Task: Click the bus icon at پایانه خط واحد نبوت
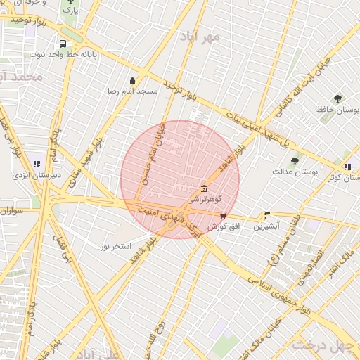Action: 63,43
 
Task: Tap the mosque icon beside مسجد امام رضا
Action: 132,80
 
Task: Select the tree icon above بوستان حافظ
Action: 338,98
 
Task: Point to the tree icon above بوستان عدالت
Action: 295,161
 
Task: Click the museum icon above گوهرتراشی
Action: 204,188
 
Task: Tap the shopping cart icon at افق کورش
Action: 223,216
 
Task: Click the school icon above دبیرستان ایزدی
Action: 37,165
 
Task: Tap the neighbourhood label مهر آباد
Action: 200,35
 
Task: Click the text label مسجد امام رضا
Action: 132,91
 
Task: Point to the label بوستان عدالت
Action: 295,172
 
